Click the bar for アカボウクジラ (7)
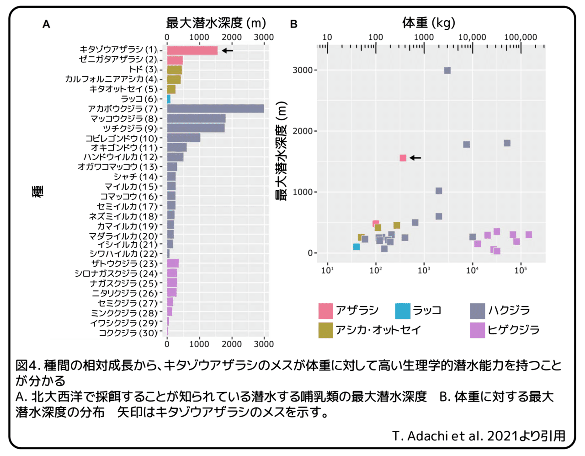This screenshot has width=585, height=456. (x=215, y=108)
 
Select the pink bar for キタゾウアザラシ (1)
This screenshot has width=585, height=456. (x=192, y=50)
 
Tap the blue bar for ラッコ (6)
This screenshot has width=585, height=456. (x=169, y=99)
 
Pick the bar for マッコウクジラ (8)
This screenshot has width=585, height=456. (x=196, y=118)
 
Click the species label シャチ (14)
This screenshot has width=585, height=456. (x=135, y=177)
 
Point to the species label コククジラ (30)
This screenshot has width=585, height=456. (x=128, y=333)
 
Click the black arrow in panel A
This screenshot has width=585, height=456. (x=227, y=50)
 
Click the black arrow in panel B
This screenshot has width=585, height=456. (x=415, y=158)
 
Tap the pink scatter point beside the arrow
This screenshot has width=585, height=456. (x=403, y=158)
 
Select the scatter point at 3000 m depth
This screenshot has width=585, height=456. (x=447, y=70)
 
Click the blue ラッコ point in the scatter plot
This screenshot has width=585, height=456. (x=356, y=247)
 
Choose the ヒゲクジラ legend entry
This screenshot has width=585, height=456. (x=505, y=330)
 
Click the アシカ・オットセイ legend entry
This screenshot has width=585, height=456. (x=369, y=330)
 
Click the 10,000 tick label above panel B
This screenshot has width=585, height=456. (x=472, y=38)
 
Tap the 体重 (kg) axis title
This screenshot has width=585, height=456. (x=429, y=22)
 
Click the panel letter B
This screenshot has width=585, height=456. (x=294, y=24)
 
